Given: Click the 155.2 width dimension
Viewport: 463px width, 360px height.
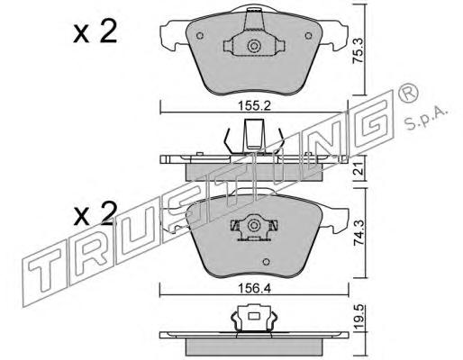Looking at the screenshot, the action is (x=254, y=105).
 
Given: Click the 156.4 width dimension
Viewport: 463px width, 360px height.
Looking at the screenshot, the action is (x=254, y=289).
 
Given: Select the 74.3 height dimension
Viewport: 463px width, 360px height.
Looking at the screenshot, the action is (x=359, y=234).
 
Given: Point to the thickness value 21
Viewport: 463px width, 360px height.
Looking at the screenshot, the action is (x=359, y=170).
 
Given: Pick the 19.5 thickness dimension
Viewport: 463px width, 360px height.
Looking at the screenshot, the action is (x=359, y=317).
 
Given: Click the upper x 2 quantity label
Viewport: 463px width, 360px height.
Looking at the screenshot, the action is (x=95, y=32).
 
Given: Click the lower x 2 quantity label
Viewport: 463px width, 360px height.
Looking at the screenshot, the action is (x=95, y=214).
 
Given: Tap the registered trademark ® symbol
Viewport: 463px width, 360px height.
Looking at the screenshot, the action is (x=408, y=93).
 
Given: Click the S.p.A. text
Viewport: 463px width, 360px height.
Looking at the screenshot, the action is (x=426, y=118).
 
